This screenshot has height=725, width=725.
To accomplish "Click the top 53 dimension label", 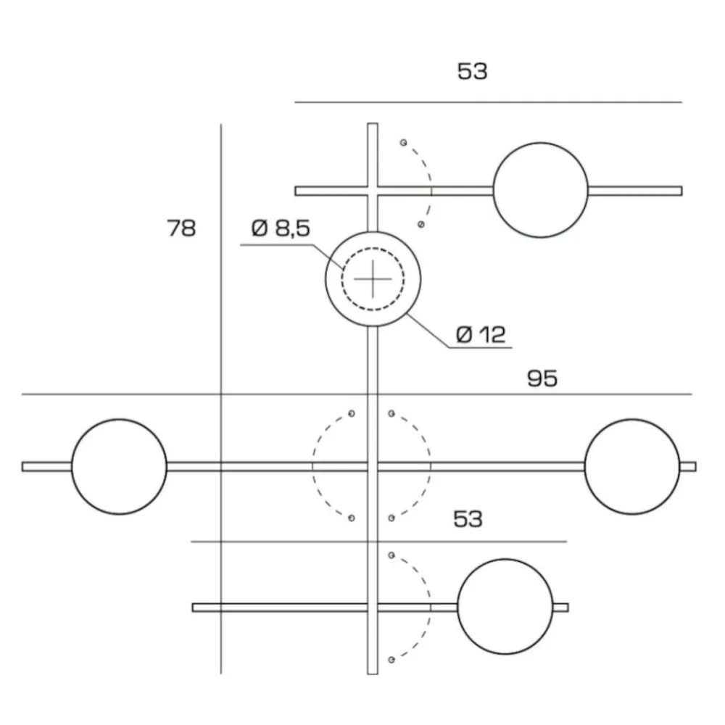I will pyautogui.click(x=472, y=72).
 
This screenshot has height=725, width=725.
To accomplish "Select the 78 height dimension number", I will pyautogui.click(x=181, y=228).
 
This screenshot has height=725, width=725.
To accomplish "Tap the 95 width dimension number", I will pyautogui.click(x=542, y=378).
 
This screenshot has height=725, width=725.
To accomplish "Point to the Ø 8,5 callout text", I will pyautogui.click(x=281, y=229).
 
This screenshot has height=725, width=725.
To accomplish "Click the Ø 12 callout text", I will pyautogui.click(x=481, y=334).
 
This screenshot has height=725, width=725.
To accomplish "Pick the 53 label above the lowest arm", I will pyautogui.click(x=468, y=519).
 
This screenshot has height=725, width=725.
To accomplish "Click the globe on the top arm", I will pyautogui.click(x=540, y=190).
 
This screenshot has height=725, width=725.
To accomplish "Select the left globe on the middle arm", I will pyautogui.click(x=119, y=466).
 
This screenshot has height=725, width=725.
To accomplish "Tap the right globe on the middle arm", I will pyautogui.click(x=631, y=466).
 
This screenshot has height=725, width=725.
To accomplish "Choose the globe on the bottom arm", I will pyautogui.click(x=505, y=606).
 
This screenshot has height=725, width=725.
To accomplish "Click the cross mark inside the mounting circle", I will pyautogui.click(x=373, y=278).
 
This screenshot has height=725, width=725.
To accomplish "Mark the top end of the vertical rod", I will pyautogui.click(x=373, y=125).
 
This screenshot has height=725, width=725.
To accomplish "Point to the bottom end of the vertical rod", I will pyautogui.click(x=373, y=672).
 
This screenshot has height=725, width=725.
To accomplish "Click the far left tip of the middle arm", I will pyautogui.click(x=25, y=466).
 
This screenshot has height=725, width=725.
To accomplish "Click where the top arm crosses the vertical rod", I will pyautogui.click(x=373, y=191).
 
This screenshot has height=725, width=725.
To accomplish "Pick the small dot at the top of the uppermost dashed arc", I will pyautogui.click(x=404, y=142).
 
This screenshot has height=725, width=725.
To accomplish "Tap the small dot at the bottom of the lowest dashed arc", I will pyautogui.click(x=391, y=660).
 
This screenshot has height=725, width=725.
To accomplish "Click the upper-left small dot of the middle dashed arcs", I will pyautogui.click(x=352, y=413).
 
